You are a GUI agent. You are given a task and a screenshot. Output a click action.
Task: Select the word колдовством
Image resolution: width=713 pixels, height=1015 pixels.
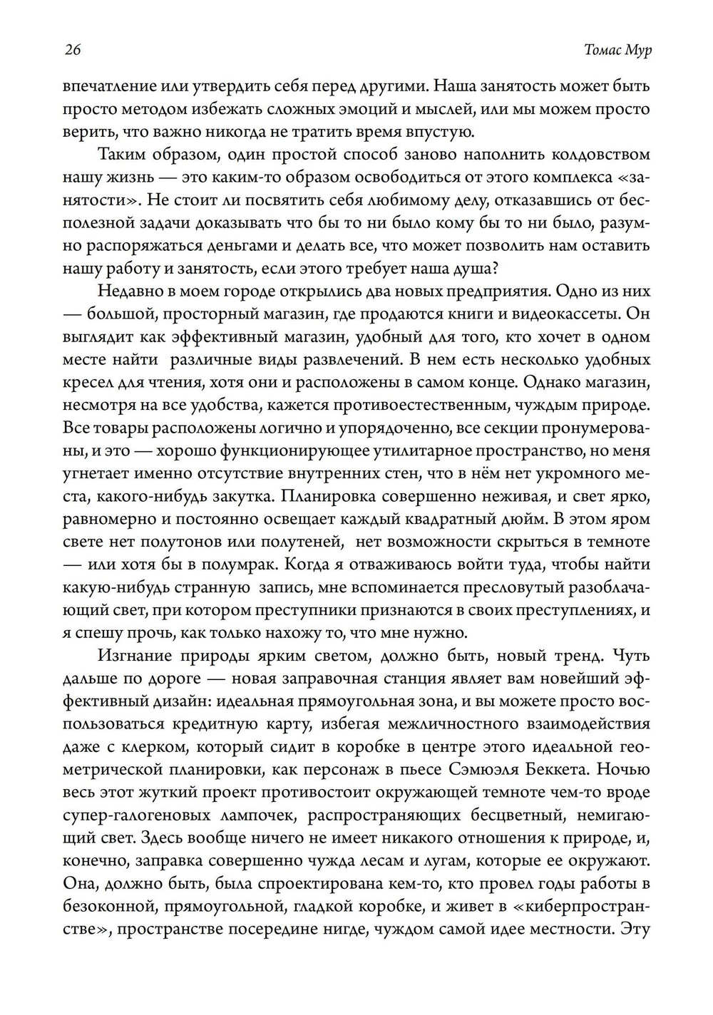pyautogui.click(x=597, y=154)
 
